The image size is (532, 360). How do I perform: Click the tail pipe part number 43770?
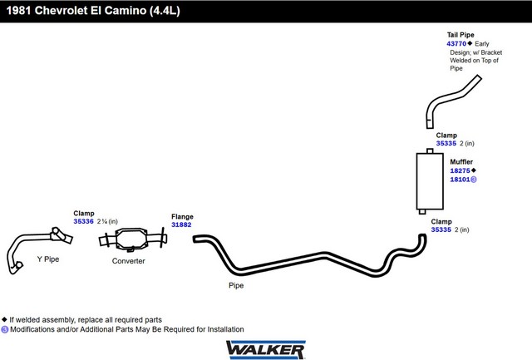tap(456, 44)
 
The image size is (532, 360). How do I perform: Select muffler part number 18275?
tap(460, 170)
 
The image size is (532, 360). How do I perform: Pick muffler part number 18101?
tap(460, 180)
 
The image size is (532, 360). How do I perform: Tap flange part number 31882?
tap(181, 224)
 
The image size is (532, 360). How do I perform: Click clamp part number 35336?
tap(83, 221)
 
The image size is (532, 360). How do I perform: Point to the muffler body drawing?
tap(430, 181)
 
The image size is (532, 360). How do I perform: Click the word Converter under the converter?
tap(128, 261)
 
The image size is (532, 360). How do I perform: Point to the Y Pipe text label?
tap(48, 259)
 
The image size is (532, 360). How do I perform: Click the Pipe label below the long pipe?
tap(236, 285)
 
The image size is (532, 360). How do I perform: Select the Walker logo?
tap(266, 349)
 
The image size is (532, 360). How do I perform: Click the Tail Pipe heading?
tap(461, 35)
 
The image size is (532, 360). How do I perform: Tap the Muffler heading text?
tap(461, 162)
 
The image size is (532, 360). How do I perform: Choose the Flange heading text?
tap(182, 216)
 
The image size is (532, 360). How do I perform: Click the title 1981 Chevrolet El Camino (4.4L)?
tap(93, 11)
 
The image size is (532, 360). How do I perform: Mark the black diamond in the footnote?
tap(4, 319)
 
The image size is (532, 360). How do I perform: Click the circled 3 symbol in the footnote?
tap(4, 329)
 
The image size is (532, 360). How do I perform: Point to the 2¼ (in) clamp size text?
tap(107, 221)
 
